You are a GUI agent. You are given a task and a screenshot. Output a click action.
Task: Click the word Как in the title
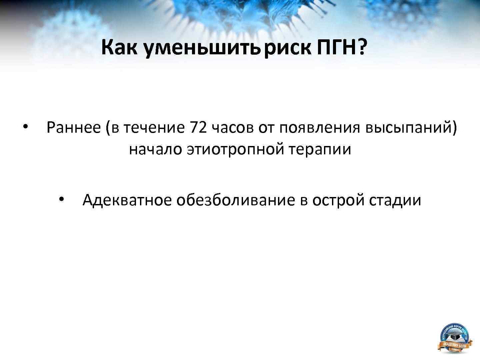[119, 47]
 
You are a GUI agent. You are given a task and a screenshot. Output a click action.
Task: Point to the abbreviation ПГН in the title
[337, 47]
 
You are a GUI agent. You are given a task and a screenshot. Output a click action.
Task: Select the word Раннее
[73, 128]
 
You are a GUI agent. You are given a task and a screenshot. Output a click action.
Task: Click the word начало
[155, 149]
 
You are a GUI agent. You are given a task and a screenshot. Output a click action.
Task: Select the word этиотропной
[235, 149]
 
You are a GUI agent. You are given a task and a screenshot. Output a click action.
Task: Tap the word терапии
[319, 149]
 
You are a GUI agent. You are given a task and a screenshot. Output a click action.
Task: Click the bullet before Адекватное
[61, 199]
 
